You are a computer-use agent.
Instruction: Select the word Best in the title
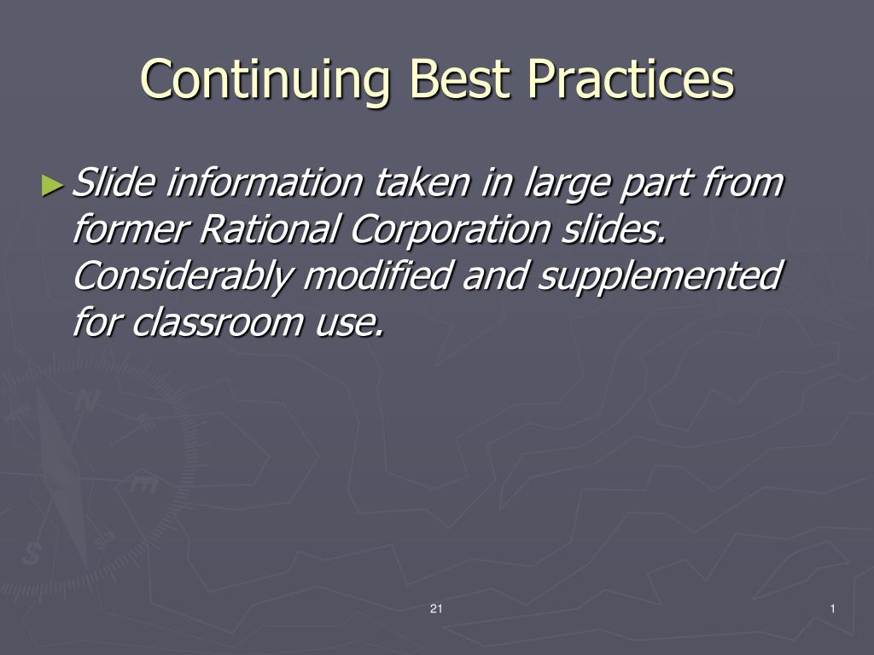[x=458, y=78]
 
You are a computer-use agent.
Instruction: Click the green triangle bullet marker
[x=53, y=185]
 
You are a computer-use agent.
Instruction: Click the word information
[x=265, y=183]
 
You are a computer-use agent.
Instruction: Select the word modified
[x=377, y=275]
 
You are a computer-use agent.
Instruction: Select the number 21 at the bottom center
[x=436, y=609]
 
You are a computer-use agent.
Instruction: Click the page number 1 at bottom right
[x=833, y=609]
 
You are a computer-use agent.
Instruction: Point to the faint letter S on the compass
[x=32, y=553]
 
